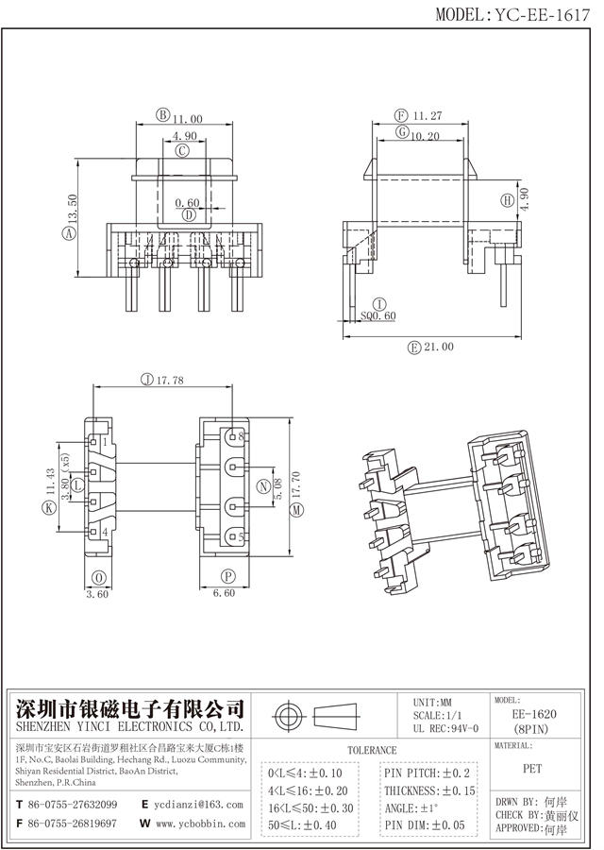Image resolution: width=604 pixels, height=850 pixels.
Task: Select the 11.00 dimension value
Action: [x=188, y=119]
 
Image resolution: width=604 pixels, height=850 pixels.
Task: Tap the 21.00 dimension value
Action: [x=438, y=347]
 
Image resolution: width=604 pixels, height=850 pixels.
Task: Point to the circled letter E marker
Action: [x=413, y=347]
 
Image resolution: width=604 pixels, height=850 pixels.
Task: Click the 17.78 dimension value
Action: [x=171, y=381]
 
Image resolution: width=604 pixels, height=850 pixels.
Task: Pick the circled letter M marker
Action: [x=297, y=510]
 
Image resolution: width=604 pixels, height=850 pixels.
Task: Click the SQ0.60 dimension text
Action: [x=379, y=315]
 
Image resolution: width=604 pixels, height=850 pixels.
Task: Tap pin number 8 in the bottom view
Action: [x=242, y=437]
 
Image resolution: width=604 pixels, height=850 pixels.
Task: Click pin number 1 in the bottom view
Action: [x=104, y=441]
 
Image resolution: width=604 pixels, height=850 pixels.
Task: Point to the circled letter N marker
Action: [x=263, y=487]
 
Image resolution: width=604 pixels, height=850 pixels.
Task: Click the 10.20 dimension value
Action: [x=427, y=136]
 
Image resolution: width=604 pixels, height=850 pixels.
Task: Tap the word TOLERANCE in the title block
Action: [x=372, y=750]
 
